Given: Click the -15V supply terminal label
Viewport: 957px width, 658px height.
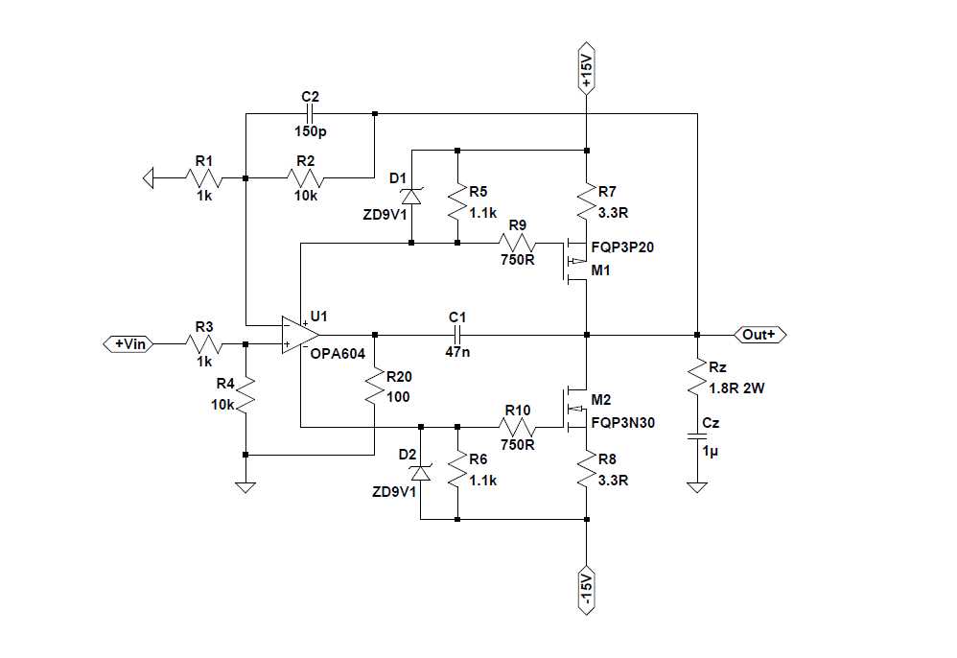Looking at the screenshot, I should click(587, 590).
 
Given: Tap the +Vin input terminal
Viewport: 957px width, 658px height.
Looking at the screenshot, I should click(128, 343).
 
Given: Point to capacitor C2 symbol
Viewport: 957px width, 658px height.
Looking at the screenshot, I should click(309, 114).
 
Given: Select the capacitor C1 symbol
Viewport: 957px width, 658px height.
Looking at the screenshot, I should click(457, 335).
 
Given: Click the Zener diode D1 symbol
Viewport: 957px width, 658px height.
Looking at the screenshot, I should click(412, 196).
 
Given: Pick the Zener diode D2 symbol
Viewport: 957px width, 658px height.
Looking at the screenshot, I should click(420, 473).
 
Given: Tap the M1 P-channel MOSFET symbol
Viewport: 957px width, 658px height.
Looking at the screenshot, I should click(574, 260).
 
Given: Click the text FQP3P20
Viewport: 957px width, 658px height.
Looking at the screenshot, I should click(623, 247).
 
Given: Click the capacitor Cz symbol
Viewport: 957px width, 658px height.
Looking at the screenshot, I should click(697, 436).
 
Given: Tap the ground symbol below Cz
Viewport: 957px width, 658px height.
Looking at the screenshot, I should click(697, 487).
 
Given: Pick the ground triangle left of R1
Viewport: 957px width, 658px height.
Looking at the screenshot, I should click(148, 177).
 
